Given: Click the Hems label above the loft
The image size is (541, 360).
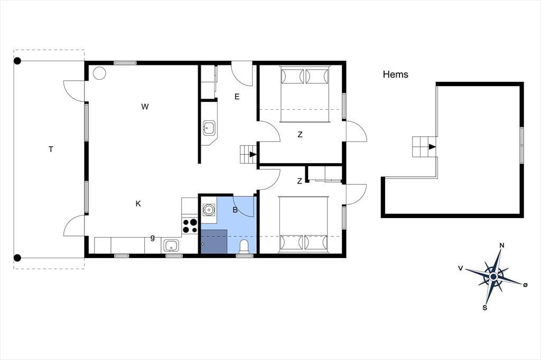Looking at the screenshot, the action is pyautogui.click(x=395, y=74).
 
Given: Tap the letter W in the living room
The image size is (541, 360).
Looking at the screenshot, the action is pyautogui.click(x=145, y=107).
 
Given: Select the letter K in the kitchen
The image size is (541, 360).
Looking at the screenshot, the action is pyautogui.click(x=138, y=204).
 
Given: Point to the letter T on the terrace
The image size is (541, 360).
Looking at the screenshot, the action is pyautogui.click(x=51, y=149).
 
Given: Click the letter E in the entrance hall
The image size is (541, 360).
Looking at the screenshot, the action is pyautogui.click(x=237, y=97).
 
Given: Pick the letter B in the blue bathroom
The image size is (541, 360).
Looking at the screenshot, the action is pyautogui.click(x=235, y=210).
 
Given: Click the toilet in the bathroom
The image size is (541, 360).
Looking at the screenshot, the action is pyautogui.click(x=244, y=247).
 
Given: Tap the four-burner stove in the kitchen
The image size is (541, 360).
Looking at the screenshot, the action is pyautogui.click(x=190, y=226).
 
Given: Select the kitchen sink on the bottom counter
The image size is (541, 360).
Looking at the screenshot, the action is pyautogui.click(x=171, y=246).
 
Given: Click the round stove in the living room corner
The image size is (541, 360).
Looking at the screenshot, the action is pyautogui.click(x=99, y=73).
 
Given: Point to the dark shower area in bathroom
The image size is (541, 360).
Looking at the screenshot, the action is pyautogui.click(x=214, y=241).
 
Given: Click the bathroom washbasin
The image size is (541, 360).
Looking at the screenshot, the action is pyautogui.click(x=209, y=210).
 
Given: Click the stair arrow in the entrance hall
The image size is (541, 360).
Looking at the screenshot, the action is pyautogui.click(x=253, y=154).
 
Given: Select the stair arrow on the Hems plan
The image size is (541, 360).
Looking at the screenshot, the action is pyautogui.click(x=432, y=147).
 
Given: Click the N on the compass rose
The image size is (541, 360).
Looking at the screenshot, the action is pyautogui.click(x=502, y=245).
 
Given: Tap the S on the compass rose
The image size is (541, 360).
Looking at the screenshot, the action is pyautogui.click(x=485, y=308).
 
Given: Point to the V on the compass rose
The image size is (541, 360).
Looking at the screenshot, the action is pyautogui.click(x=460, y=268).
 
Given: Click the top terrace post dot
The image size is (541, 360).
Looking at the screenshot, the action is pyautogui.click(x=17, y=61).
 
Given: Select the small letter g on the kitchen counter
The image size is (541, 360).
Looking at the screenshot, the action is pyautogui.click(x=153, y=238).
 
